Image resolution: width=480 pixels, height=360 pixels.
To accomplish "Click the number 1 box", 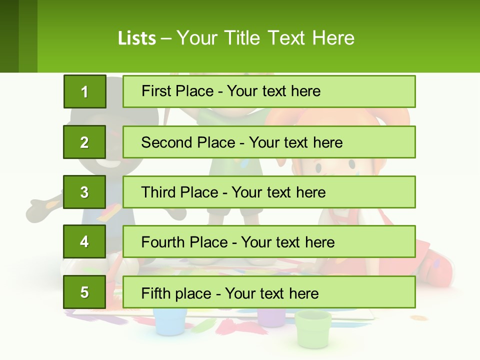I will point(84,91).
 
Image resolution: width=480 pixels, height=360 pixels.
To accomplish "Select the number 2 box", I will point(84,142).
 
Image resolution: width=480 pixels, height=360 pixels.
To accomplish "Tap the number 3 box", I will point(84,192).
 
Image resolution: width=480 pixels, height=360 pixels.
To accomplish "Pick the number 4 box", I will point(84,242).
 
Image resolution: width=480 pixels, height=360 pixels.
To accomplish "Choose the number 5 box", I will point(84,292).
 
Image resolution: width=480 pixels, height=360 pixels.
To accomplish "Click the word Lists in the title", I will point(136,38).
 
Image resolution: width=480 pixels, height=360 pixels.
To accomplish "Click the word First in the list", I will point(156,91).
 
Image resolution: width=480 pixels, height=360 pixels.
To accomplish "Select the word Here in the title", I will point(333,38).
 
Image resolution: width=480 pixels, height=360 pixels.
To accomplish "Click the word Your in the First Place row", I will point(241,91).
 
